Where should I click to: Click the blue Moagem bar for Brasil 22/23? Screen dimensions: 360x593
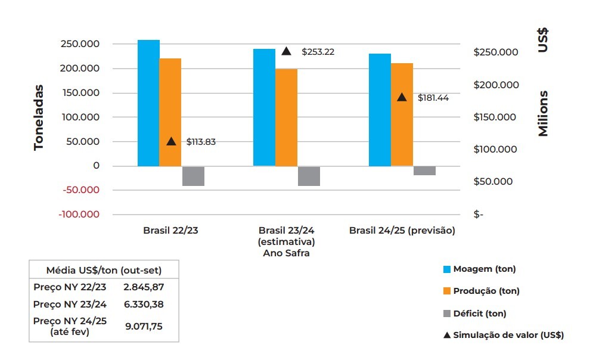148,103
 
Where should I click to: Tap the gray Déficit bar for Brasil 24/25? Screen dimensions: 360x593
424,170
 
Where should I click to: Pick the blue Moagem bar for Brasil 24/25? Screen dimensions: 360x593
380,110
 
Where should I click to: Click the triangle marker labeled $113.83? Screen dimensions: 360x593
171,141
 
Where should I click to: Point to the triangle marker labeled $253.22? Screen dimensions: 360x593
286,51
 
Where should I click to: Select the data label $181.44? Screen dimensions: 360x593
433,98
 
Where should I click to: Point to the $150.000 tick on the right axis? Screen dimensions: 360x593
495,117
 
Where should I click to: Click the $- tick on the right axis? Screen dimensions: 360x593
479,215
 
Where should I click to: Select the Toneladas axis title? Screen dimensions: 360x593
39,116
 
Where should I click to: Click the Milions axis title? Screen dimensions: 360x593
543,113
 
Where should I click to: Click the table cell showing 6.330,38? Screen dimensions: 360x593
143,304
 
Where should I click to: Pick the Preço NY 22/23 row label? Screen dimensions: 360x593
70,287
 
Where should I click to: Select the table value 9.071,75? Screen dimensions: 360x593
143,326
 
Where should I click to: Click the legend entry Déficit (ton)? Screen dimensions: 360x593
479,313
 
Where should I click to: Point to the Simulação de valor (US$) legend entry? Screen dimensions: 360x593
508,335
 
